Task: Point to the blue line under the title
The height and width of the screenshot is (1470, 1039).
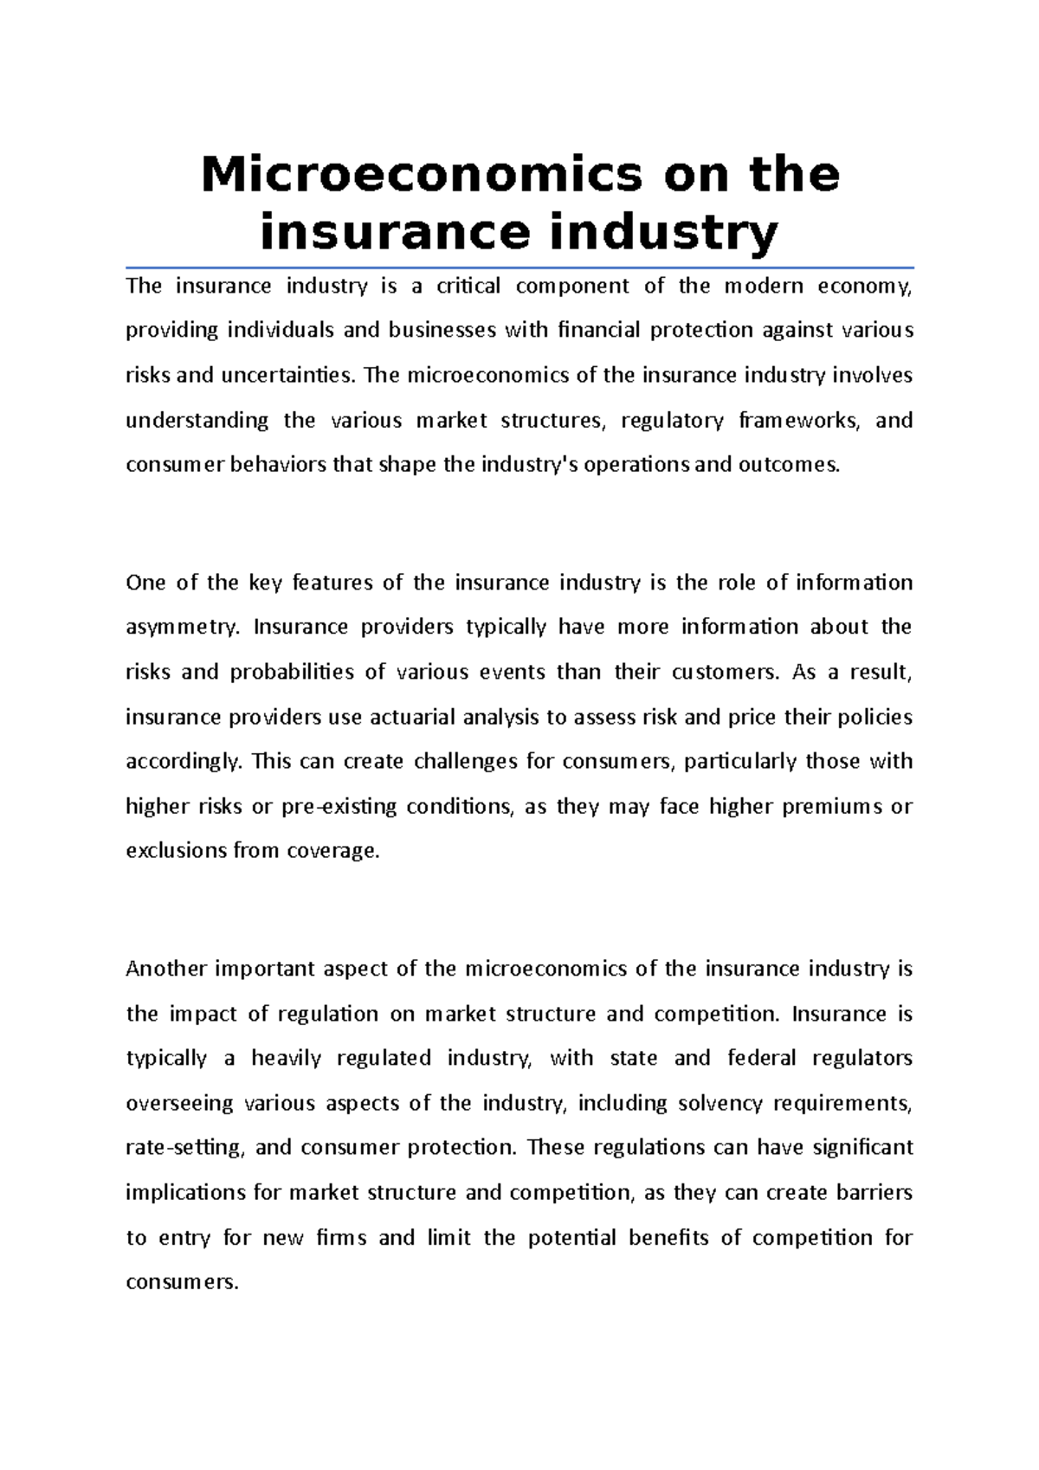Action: [x=519, y=268]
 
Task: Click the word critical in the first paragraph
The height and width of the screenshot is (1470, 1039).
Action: [x=468, y=287]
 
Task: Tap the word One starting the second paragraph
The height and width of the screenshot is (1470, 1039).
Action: [x=145, y=583]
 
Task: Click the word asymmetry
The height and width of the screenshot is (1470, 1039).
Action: [x=181, y=628]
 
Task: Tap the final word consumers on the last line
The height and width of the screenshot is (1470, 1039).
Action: [x=181, y=1283]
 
